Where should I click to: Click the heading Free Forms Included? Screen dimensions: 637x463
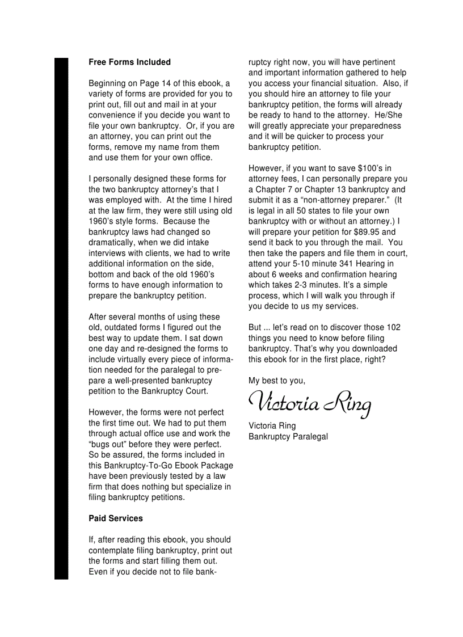click(x=129, y=62)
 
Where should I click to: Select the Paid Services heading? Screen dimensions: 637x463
click(x=116, y=518)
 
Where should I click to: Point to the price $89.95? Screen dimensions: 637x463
click(x=371, y=232)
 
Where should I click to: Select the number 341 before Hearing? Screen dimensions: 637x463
click(x=346, y=264)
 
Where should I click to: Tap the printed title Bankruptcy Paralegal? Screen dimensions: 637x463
click(x=288, y=436)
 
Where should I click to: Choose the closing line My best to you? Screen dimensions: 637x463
click(x=277, y=381)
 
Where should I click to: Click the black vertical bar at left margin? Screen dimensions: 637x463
click(x=61, y=318)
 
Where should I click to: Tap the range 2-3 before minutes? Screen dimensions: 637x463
click(x=302, y=285)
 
